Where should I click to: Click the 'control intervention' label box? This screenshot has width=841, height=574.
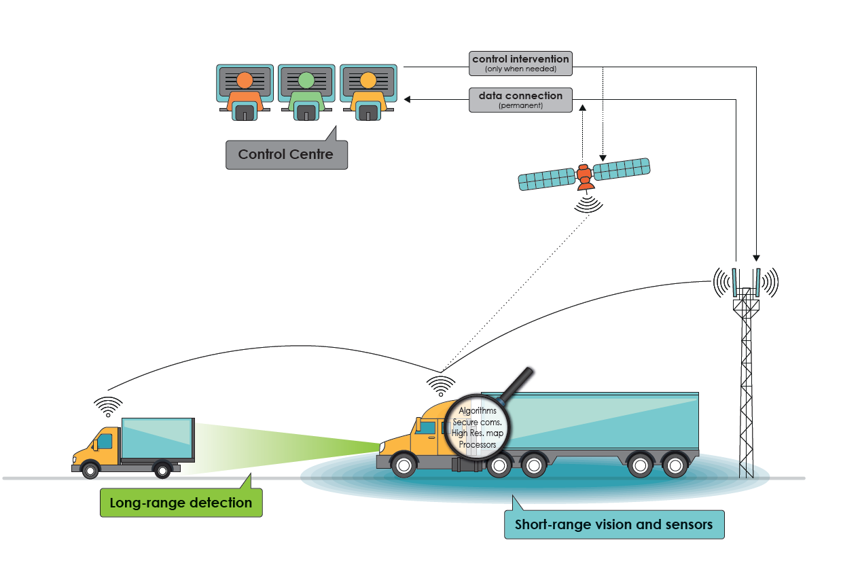point(520,62)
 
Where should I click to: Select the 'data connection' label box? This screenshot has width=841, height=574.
point(520,99)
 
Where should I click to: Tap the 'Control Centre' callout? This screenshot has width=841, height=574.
point(286,154)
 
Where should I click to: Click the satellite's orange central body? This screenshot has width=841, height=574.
point(584,175)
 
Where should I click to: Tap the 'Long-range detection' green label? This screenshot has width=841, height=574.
point(181,503)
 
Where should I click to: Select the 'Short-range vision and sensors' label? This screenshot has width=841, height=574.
point(613,524)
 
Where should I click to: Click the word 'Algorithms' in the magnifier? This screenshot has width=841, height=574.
point(478,411)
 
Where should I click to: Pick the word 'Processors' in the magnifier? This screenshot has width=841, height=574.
point(478,445)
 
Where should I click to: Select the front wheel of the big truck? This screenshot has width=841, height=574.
point(404,466)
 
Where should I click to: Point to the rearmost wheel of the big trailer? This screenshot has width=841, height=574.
point(675,466)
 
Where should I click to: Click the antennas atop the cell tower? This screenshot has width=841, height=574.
point(745,280)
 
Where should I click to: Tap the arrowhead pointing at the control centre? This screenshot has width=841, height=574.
point(408,99)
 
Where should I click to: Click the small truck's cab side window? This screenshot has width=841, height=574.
point(105,442)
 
